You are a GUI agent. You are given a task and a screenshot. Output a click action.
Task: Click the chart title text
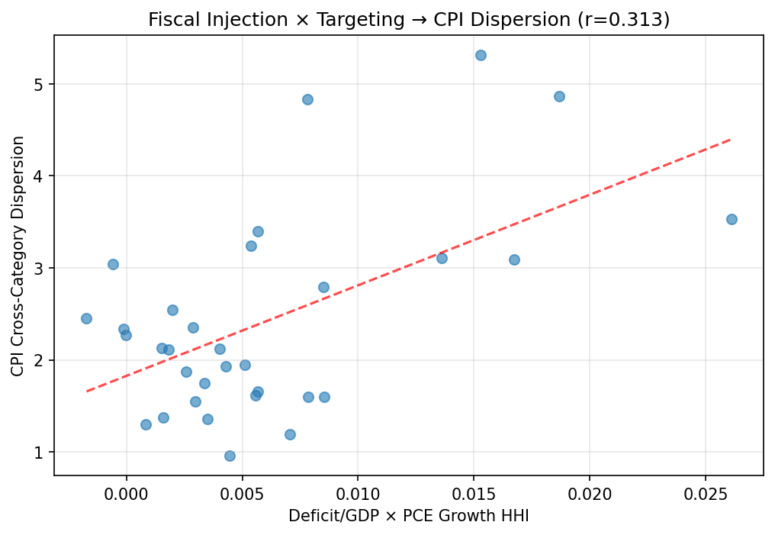pos(409,20)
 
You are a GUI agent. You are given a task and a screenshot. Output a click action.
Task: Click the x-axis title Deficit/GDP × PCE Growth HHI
pos(409,517)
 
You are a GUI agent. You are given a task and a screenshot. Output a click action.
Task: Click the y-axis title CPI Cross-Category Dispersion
pos(18,256)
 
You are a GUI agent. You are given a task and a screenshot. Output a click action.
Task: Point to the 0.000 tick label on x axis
pos(127,491)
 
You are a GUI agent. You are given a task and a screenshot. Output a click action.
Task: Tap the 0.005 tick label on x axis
pos(243,491)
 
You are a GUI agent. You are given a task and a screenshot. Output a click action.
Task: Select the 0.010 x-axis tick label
pos(358,491)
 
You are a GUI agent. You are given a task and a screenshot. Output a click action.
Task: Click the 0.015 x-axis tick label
pos(474,491)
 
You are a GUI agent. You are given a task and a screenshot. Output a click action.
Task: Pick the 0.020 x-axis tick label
pos(590,491)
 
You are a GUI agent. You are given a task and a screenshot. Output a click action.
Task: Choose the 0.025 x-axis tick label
pos(705,491)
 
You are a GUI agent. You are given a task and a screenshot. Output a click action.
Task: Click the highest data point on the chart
pos(481,55)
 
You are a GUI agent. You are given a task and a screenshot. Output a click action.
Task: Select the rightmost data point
pos(732,219)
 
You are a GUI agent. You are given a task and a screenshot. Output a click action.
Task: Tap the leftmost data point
pos(86,318)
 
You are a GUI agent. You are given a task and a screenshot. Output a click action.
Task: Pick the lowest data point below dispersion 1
pos(230,456)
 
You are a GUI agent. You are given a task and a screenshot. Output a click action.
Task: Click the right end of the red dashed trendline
pos(731,139)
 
